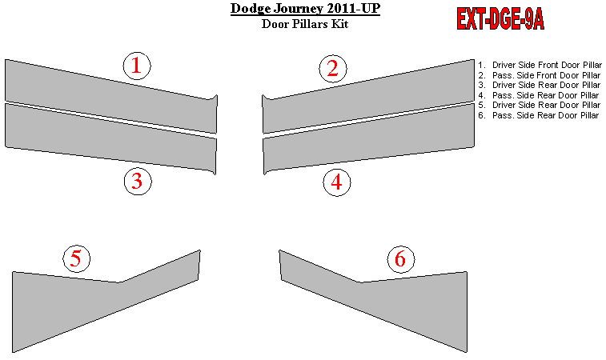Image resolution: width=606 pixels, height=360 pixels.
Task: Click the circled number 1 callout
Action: coord(137,66)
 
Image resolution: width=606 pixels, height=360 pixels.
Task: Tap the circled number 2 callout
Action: coord(333,69)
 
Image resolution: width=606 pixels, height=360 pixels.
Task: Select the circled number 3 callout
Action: coord(138,181)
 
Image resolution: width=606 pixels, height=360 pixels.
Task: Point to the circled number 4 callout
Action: coord(337,182)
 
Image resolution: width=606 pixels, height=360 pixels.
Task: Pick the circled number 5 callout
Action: coord(77,258)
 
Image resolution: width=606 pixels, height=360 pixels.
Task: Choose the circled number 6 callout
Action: coord(401,259)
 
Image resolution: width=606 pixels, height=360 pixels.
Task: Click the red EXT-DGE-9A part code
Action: coord(500,19)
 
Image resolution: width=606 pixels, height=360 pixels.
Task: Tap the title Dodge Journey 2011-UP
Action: coord(305,9)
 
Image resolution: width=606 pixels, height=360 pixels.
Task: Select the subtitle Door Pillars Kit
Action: coord(305,24)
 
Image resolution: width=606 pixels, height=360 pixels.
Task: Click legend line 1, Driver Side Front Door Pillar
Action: coord(540,65)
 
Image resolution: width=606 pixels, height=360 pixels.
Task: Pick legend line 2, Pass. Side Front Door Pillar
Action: coord(540,75)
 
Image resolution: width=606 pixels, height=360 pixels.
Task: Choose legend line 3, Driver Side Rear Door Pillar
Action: coord(540,85)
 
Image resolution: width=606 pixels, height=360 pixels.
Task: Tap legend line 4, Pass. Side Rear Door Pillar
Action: coord(539,95)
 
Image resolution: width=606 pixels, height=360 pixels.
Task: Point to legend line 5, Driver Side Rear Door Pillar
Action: coord(540,105)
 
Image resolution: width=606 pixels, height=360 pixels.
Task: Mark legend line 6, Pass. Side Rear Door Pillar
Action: coord(539,115)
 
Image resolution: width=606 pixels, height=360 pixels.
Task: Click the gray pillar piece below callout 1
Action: coord(112,97)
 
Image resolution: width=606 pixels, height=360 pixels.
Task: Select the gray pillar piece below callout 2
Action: coord(367,97)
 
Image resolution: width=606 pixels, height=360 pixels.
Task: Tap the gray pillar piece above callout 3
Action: coord(112,138)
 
